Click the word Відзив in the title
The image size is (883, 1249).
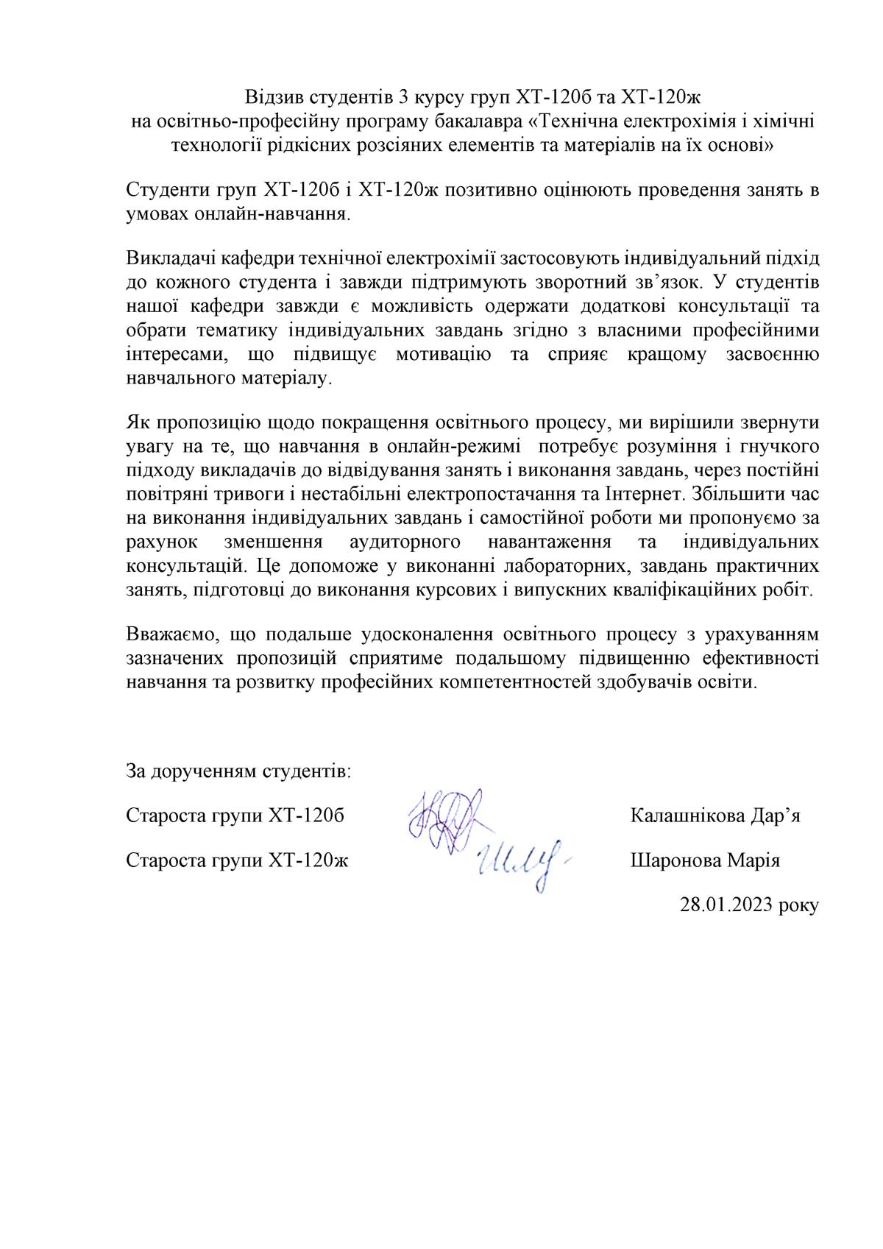274,97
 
